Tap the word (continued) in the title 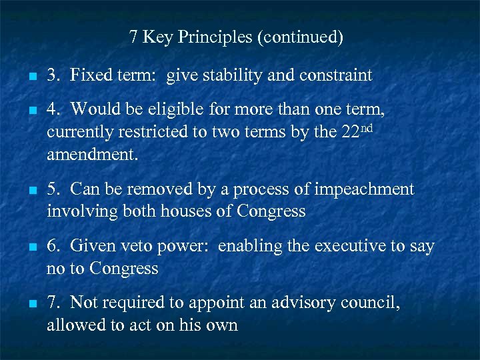tap(299, 37)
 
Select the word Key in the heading tap(157, 37)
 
